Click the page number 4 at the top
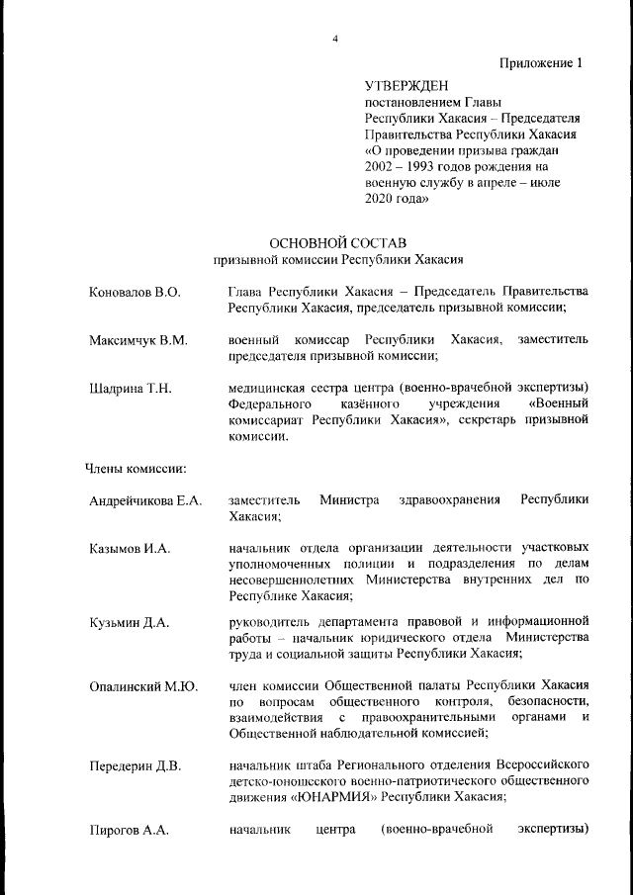coord(335,39)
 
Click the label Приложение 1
coord(540,63)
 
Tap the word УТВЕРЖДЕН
coord(406,86)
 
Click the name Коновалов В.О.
coord(135,293)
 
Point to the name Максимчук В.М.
coord(137,341)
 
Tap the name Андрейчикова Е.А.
coord(145,501)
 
